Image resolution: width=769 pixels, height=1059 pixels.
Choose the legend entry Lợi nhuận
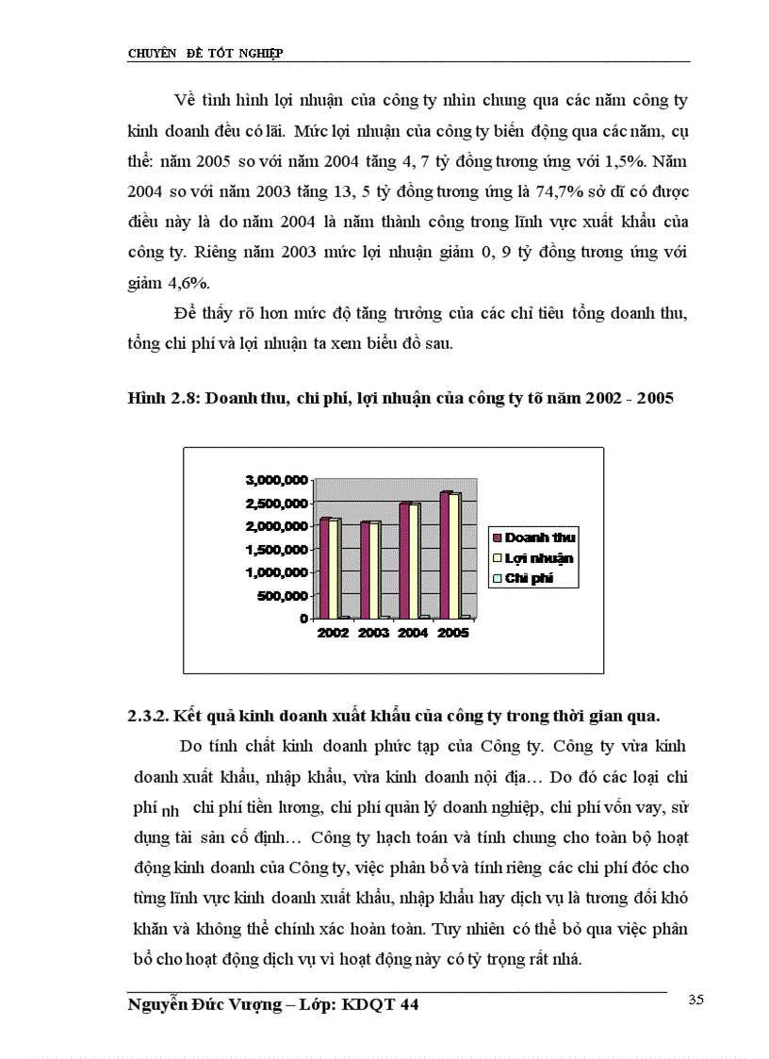point(539,557)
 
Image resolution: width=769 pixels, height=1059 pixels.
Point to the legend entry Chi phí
point(528,578)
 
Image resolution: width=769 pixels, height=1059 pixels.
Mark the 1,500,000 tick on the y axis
point(276,549)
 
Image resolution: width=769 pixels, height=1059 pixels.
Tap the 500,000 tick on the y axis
point(283,596)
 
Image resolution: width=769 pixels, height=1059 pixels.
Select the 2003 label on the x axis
point(373,634)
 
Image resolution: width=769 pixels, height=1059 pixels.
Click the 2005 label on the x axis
point(452,634)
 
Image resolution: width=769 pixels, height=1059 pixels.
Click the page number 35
point(696,1001)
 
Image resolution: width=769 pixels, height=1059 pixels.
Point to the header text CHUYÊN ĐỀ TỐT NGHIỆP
point(205,54)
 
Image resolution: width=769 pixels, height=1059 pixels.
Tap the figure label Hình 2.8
point(160,399)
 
